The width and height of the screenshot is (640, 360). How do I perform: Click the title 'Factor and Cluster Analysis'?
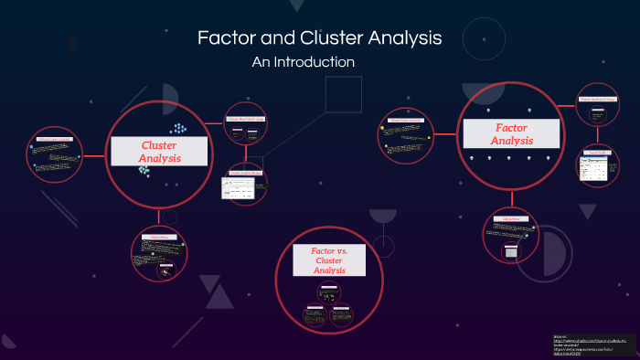pyautogui.click(x=319, y=38)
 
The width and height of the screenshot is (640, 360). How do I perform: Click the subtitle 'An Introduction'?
pyautogui.click(x=302, y=62)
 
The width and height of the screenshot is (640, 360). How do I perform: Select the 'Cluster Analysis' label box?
pyautogui.click(x=158, y=152)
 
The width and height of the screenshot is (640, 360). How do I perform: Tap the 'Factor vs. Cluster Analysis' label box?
pyautogui.click(x=328, y=259)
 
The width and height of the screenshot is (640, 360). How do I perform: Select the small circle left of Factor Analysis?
pyautogui.click(x=406, y=135)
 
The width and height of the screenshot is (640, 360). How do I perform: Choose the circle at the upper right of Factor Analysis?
pyautogui.click(x=596, y=111)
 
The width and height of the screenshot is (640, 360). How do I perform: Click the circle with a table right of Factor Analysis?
pyautogui.click(x=599, y=166)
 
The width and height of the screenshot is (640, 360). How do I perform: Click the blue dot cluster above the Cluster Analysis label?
pyautogui.click(x=177, y=130)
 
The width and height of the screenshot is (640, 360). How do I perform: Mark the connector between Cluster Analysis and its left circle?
pyautogui.click(x=94, y=154)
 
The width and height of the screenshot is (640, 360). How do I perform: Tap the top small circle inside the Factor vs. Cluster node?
pyautogui.click(x=328, y=291)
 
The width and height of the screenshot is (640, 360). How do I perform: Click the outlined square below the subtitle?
pyautogui.click(x=344, y=95)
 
